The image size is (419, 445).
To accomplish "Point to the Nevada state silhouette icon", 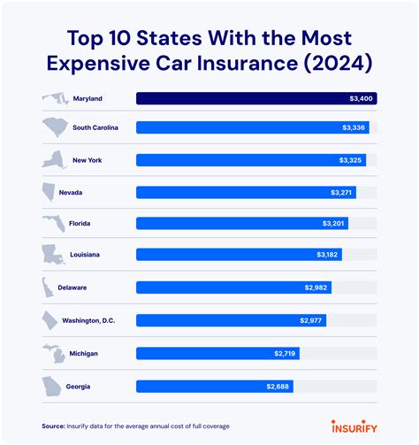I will [50, 192].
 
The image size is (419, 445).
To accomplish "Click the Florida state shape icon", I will [51, 223].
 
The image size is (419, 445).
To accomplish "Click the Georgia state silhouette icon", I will [51, 386].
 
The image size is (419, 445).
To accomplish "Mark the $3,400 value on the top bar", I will [362, 98].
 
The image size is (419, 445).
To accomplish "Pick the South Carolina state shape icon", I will [53, 128].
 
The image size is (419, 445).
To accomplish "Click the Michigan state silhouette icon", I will [52, 352].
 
